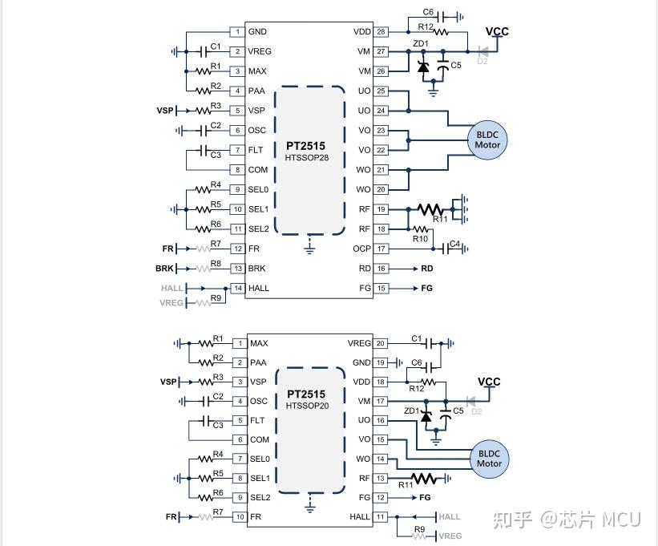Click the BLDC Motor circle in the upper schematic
click(487, 140)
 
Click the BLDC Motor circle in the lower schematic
click(488, 458)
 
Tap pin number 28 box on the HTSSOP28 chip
click(381, 32)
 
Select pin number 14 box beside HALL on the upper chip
click(237, 288)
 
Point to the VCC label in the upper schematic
click(497, 32)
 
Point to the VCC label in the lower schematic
click(489, 382)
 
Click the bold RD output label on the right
click(426, 269)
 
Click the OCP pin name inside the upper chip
click(362, 249)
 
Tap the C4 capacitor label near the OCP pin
click(454, 244)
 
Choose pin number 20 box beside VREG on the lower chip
click(381, 343)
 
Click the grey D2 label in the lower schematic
click(476, 411)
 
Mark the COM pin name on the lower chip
click(259, 439)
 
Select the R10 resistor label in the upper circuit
click(420, 239)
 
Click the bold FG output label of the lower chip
click(425, 498)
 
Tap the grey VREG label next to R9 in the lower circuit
click(449, 536)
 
